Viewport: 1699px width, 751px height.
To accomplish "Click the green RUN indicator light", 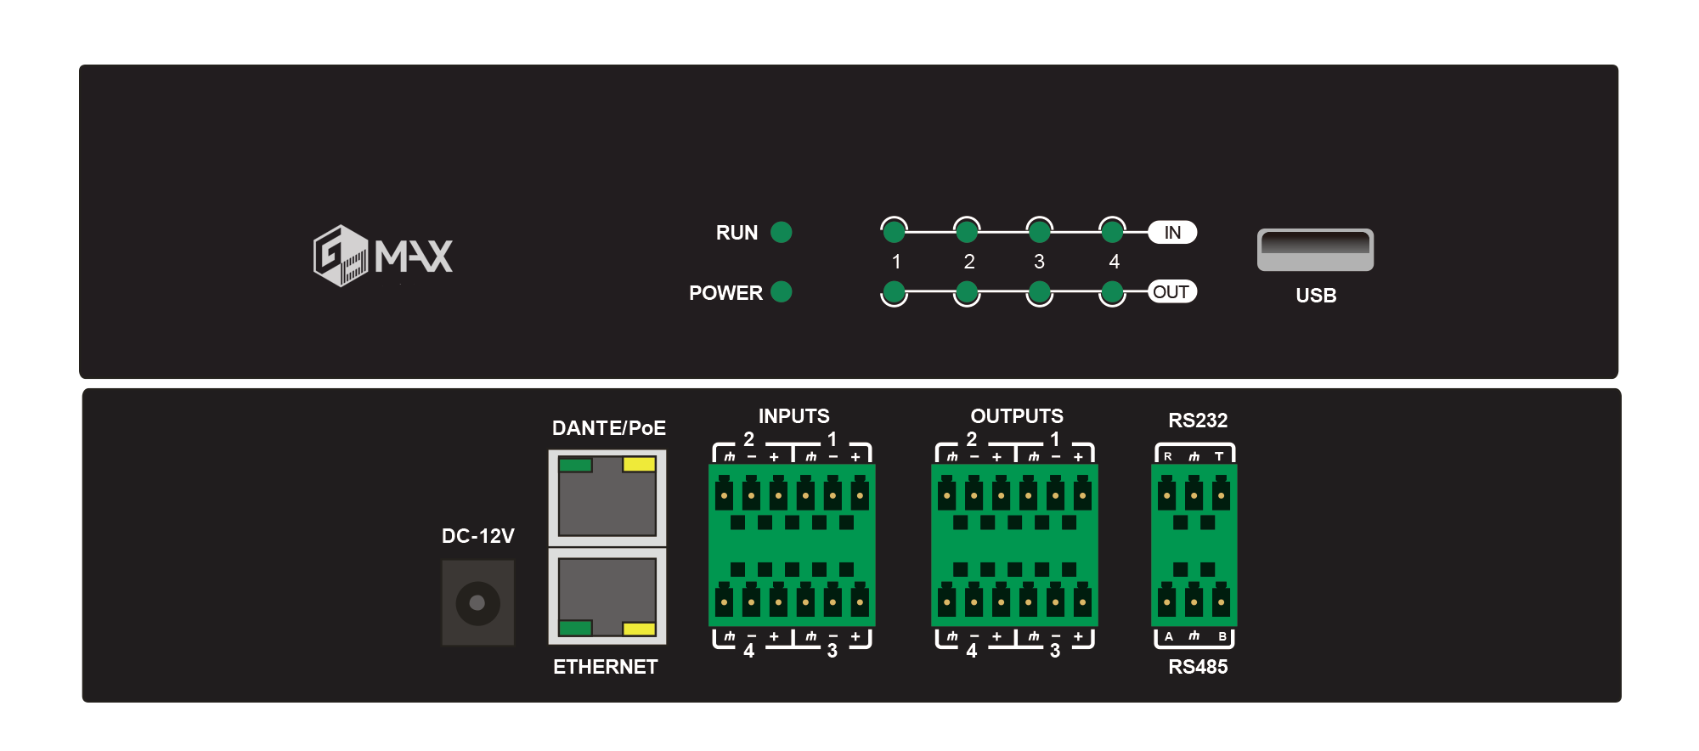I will point(781,232).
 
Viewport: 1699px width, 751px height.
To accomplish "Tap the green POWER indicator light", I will point(781,292).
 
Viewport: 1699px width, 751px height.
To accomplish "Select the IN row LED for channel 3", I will point(1039,230).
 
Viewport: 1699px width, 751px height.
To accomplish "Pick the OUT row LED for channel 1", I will point(894,293).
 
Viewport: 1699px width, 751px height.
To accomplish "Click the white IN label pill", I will point(1172,232).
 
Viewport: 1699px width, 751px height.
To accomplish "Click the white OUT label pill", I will point(1171,292).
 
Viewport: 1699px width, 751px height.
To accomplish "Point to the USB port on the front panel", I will point(1315,249).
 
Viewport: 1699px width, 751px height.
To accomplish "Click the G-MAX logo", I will point(383,255).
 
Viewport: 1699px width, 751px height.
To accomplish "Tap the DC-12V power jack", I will point(477,602).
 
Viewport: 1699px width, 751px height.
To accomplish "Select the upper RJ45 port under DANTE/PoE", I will point(607,498).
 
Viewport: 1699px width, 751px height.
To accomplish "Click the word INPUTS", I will point(793,416).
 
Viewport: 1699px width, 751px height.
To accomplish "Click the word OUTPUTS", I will point(1017,416).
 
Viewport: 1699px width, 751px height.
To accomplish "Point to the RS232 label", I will point(1198,421).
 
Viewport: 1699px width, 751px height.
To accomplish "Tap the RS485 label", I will point(1198,667).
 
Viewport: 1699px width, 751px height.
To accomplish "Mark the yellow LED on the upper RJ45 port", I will point(639,465).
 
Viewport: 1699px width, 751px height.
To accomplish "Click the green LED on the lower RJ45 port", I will point(575,629).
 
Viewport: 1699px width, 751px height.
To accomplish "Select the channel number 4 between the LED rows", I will point(1114,262).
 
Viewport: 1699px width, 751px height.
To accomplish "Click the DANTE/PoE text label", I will point(608,428).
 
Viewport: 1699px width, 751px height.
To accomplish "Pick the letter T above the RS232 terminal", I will point(1219,456).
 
